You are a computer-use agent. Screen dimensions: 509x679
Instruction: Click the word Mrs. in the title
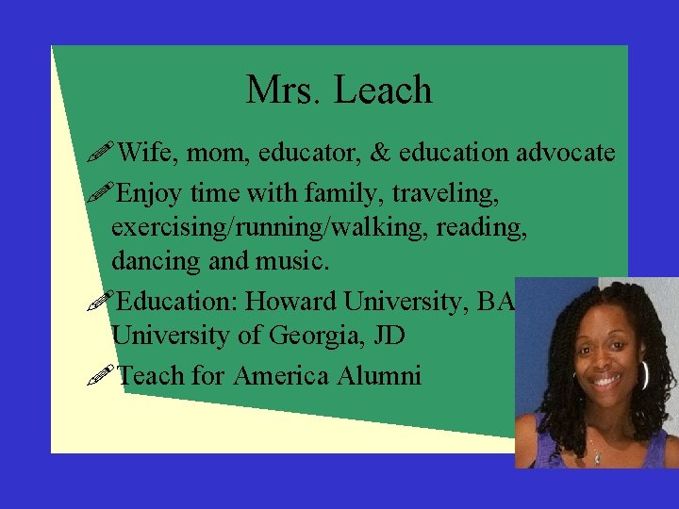click(283, 90)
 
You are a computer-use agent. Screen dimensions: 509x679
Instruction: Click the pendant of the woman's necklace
click(597, 458)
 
